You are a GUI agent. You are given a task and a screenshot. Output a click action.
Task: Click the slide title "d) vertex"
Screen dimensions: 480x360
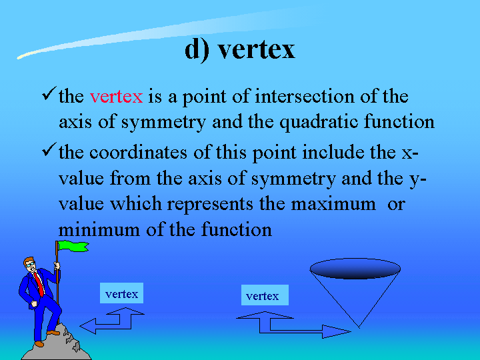click(240, 49)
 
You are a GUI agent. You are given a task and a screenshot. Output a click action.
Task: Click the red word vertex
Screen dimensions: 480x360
click(116, 97)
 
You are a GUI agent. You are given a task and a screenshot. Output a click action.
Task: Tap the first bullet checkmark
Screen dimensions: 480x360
click(49, 94)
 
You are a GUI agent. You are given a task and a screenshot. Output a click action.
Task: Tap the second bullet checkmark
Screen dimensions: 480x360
click(49, 150)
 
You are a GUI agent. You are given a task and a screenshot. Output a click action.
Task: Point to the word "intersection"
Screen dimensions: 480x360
click(304, 96)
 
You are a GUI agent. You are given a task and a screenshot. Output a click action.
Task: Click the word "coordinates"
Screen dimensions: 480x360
click(138, 152)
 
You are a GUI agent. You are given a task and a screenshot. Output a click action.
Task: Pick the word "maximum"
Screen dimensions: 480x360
click(333, 204)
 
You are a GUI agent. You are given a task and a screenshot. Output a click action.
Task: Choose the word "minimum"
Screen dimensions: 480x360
click(99, 229)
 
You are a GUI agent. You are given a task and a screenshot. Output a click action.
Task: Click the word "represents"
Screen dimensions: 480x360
click(210, 205)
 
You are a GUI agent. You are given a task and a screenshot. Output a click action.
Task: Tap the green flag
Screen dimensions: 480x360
click(73, 246)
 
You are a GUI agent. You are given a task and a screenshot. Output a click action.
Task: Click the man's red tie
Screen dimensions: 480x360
click(39, 284)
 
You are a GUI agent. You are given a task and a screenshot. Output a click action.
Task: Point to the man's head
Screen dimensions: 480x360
click(30, 265)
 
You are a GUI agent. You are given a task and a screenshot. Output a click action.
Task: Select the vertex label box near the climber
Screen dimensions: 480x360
click(121, 293)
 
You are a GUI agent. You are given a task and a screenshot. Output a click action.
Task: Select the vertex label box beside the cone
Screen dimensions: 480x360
click(265, 295)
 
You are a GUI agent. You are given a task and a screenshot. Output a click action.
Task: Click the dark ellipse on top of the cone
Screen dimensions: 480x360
click(355, 269)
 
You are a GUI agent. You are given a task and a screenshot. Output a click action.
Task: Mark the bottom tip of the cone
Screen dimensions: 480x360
click(359, 327)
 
